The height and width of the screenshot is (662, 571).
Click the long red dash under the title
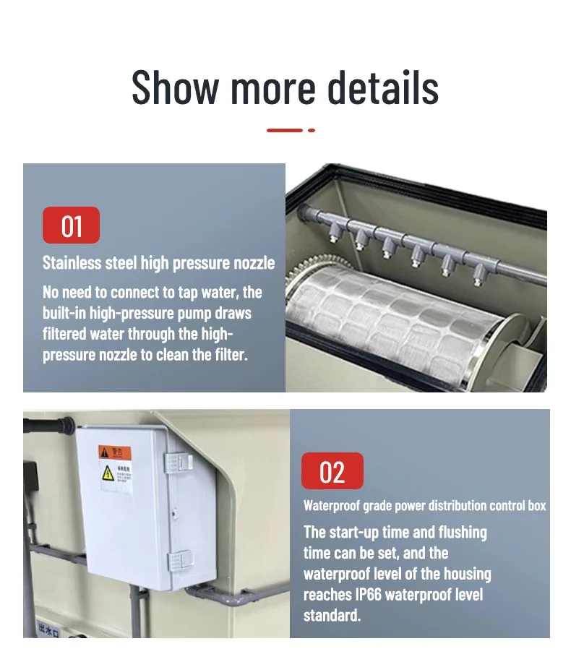click(x=285, y=130)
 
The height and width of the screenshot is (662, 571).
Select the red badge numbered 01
click(x=71, y=225)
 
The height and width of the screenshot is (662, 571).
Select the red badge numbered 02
click(x=332, y=472)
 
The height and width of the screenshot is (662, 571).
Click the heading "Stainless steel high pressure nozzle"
click(x=158, y=262)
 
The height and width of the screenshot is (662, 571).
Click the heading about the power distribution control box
click(x=424, y=506)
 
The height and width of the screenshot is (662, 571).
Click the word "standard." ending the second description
click(x=332, y=616)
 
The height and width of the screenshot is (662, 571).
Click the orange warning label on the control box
click(x=115, y=453)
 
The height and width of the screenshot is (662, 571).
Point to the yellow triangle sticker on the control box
click(x=107, y=473)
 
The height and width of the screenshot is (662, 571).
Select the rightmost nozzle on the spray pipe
click(x=478, y=273)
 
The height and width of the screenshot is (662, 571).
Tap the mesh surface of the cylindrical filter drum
click(x=390, y=325)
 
